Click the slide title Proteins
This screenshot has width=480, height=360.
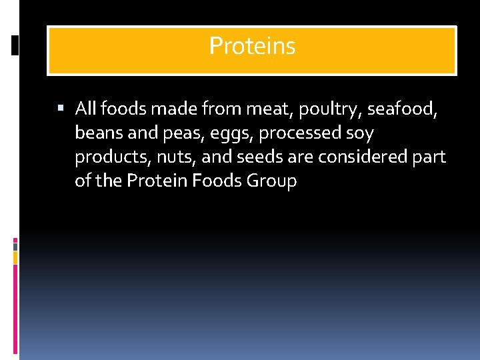click(x=252, y=46)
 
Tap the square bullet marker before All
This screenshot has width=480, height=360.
click(x=61, y=108)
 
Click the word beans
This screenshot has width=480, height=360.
click(x=97, y=133)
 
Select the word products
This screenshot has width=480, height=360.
click(x=109, y=157)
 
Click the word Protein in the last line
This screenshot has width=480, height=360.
click(x=157, y=181)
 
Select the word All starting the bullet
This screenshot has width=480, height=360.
click(x=87, y=109)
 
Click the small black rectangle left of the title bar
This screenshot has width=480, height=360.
click(x=15, y=45)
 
